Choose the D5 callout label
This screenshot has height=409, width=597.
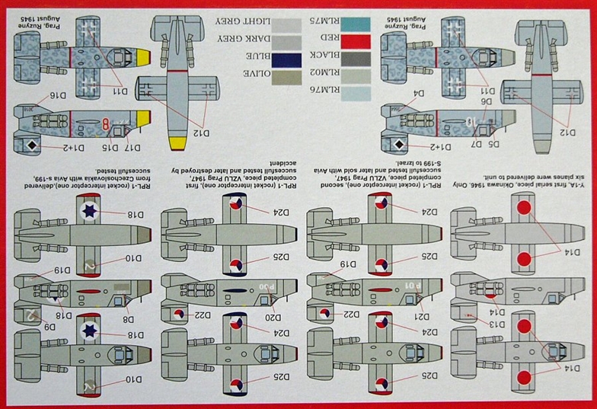pyautogui.click(x=493, y=142)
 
